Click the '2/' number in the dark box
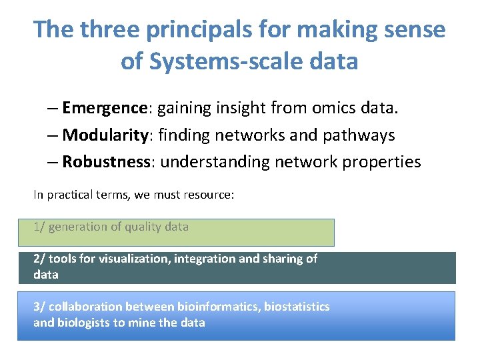pyautogui.click(x=39, y=259)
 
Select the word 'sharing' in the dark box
pyautogui.click(x=283, y=259)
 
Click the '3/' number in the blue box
pyautogui.click(x=39, y=307)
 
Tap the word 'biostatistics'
pyautogui.click(x=297, y=307)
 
